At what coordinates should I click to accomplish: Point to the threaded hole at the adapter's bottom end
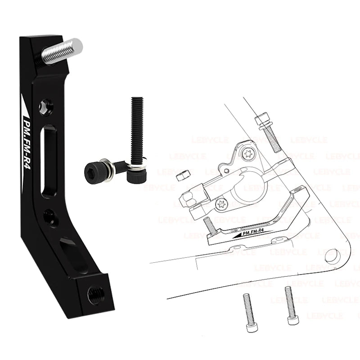click(96, 295)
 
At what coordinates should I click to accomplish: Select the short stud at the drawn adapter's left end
click(208, 223)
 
